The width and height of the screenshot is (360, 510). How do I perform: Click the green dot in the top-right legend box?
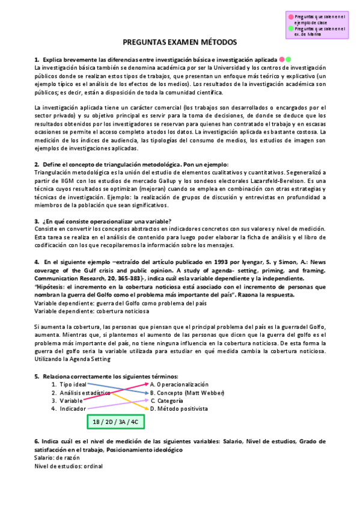(x=291, y=28)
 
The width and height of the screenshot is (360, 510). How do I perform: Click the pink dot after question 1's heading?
(x=281, y=60)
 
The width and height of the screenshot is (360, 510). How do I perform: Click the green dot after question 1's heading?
(x=288, y=60)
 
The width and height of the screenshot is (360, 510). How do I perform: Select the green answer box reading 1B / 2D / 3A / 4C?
(x=115, y=422)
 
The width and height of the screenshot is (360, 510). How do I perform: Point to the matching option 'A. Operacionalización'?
(x=179, y=384)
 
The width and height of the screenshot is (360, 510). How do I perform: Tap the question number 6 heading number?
(x=36, y=441)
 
